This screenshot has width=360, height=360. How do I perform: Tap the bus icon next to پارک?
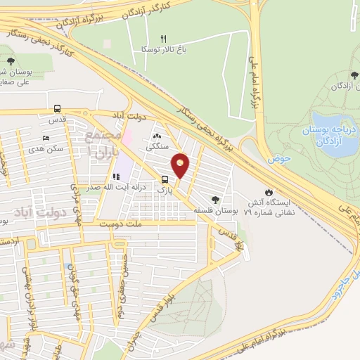pos(165,179)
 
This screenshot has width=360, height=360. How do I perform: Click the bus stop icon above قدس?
pos(57,109)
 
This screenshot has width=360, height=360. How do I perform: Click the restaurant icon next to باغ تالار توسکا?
pos(165,39)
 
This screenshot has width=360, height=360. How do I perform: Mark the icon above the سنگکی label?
pos(156,136)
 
